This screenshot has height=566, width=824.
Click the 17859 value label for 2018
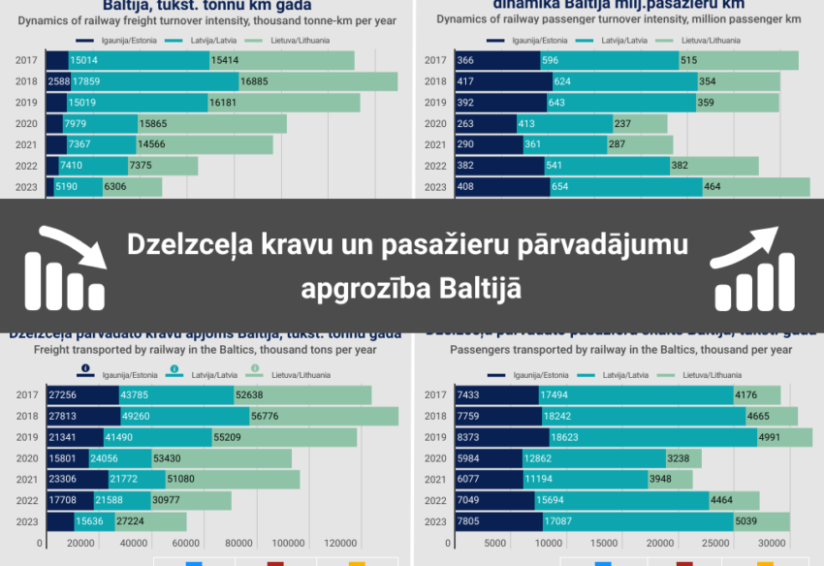coord(86,81)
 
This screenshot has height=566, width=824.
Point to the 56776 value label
coord(264,416)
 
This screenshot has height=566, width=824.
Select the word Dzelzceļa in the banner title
coord(189,246)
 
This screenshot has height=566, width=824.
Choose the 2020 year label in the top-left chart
coord(27,124)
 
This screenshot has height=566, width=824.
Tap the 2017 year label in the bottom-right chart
coord(437,395)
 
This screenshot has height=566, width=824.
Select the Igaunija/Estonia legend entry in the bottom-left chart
coord(125,374)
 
